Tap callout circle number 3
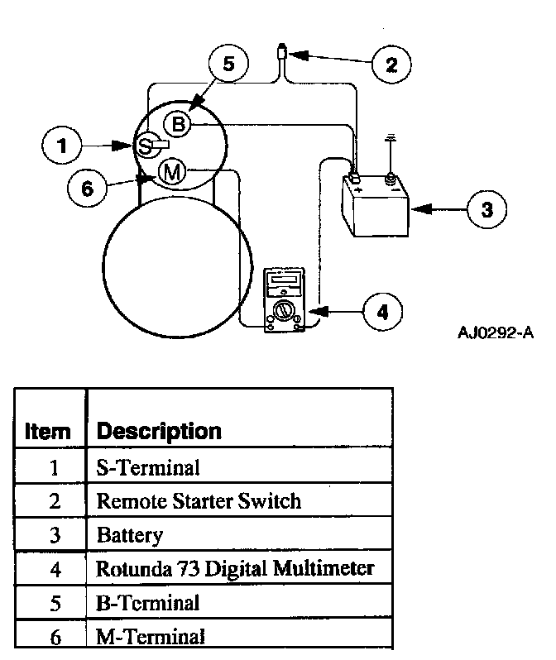click(486, 209)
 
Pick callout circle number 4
click(381, 312)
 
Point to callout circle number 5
click(228, 64)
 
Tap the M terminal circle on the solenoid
click(171, 172)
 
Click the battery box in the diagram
click(375, 205)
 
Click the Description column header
click(159, 431)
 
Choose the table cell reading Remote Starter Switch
click(199, 500)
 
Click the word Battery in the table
click(130, 534)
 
